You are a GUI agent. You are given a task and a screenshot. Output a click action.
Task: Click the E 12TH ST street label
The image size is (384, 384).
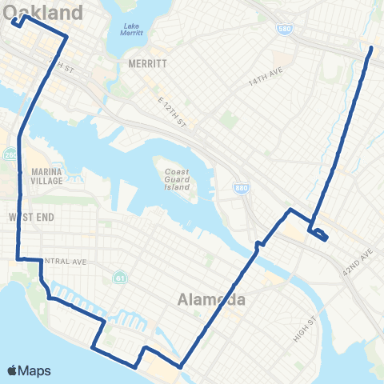click(171, 111)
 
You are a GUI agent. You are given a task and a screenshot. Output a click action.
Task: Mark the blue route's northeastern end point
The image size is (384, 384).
click(371, 49)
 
